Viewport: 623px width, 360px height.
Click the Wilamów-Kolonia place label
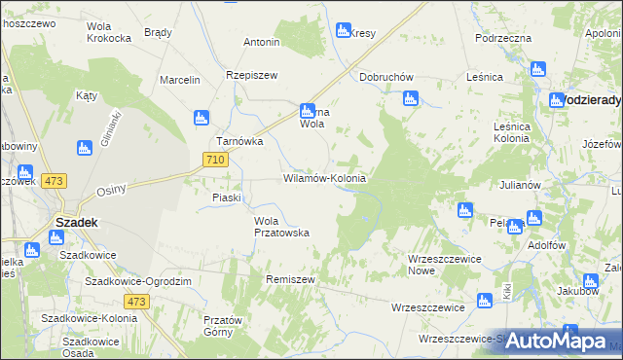324,179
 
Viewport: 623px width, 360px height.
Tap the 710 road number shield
216,159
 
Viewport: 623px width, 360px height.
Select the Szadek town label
75,222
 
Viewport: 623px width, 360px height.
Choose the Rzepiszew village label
252,76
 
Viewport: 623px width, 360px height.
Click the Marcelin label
180,80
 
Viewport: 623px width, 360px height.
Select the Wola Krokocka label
109,32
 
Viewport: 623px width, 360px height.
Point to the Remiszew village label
291,279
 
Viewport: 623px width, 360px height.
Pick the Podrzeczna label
503,38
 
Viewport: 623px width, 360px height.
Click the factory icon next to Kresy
343,30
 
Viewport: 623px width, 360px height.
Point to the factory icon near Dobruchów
410,98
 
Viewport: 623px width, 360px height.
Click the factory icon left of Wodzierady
557,100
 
